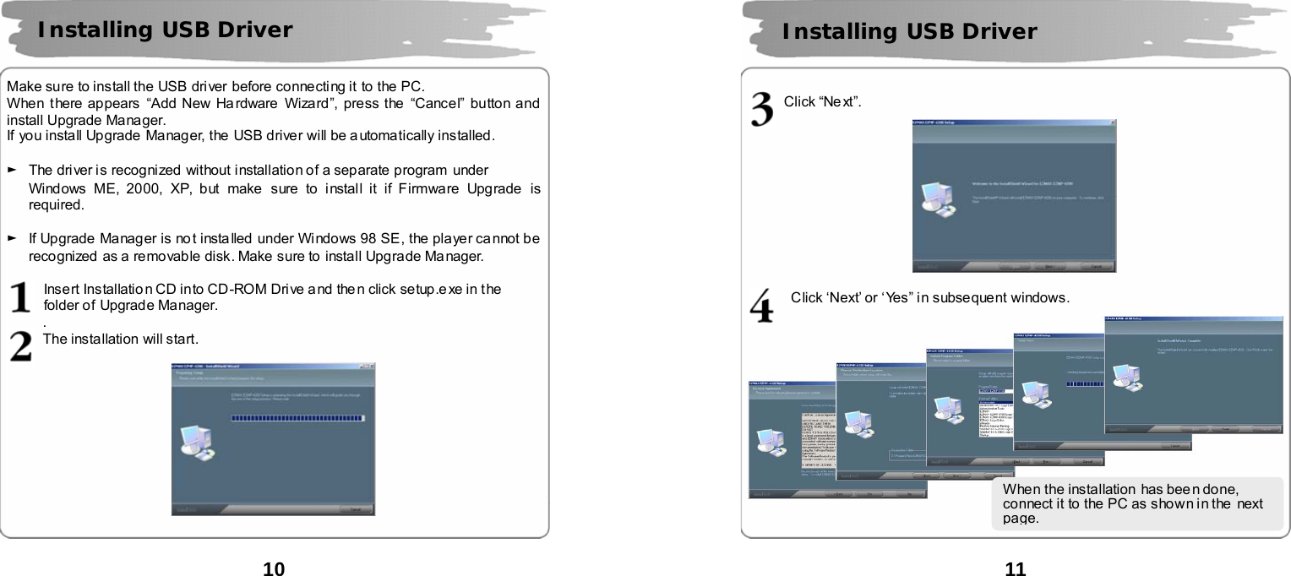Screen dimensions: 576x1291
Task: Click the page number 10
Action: tap(274, 568)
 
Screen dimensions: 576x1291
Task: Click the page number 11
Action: tap(1016, 568)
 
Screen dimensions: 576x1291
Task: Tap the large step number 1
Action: tap(21, 297)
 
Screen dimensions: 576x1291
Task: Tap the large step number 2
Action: tap(21, 345)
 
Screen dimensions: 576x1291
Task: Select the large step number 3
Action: tap(762, 111)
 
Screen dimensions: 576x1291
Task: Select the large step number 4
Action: tap(762, 306)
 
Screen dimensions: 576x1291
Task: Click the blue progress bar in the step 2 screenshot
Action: tap(297, 418)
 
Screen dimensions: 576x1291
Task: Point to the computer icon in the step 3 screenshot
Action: tap(936, 200)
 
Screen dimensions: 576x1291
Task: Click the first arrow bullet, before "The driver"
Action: tap(12, 171)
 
